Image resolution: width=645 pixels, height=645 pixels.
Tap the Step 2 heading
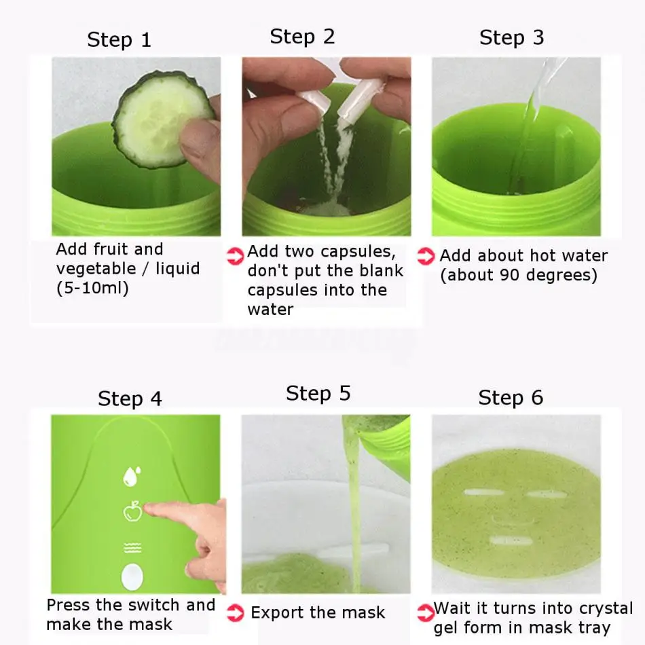[302, 37]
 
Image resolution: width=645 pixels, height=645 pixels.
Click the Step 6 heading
[511, 398]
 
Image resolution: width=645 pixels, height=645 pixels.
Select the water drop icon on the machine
[132, 477]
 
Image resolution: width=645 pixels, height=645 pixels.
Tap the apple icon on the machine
[133, 511]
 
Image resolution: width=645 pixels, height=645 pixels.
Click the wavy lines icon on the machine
[132, 548]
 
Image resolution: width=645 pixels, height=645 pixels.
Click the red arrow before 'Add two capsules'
[236, 256]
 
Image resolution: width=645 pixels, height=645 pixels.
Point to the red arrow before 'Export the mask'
[236, 612]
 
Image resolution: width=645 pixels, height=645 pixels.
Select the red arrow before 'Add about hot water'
[426, 256]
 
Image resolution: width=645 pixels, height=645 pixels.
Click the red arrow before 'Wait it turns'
[425, 613]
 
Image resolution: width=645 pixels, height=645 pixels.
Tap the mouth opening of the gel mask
[511, 540]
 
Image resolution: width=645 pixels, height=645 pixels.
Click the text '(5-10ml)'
[92, 288]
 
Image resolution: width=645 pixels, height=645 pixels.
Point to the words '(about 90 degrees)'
[519, 275]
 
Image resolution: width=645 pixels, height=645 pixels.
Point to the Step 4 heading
[130, 399]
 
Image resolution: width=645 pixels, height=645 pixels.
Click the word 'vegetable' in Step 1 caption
[96, 269]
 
